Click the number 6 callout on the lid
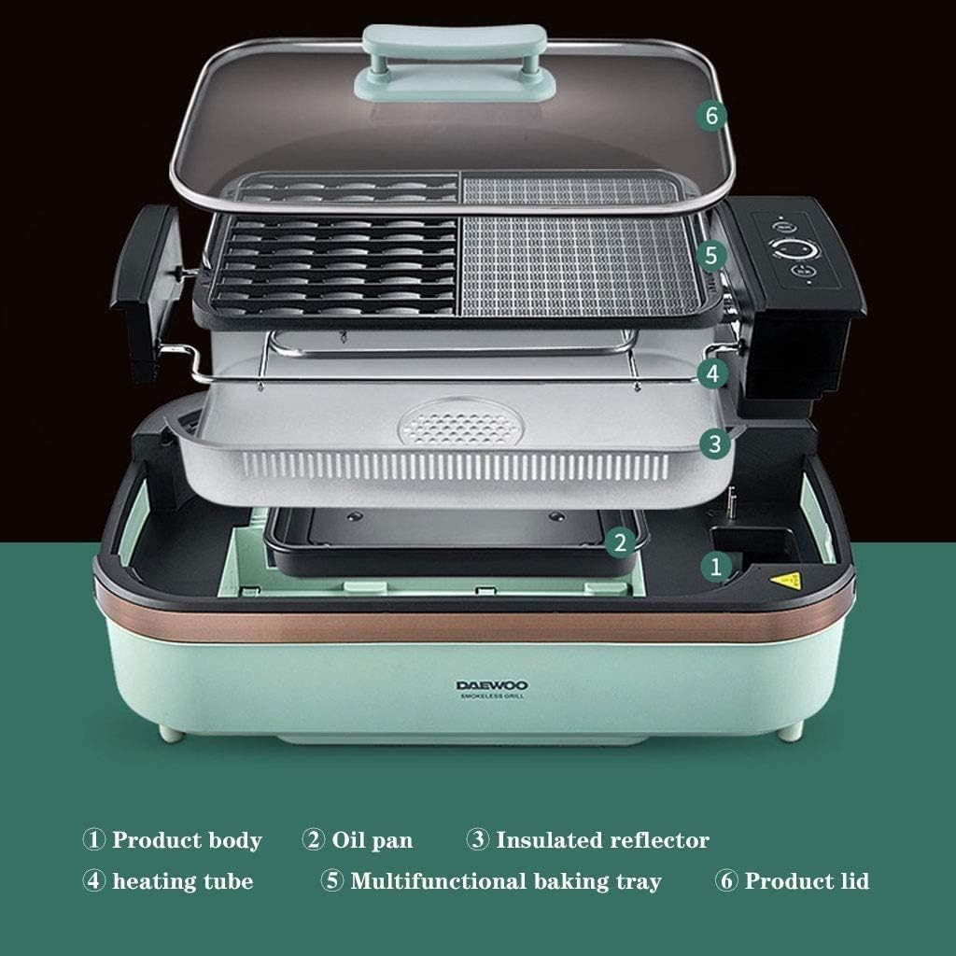[711, 117]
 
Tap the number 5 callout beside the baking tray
[711, 255]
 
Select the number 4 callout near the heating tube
[712, 373]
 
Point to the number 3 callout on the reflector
[714, 443]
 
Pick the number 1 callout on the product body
[716, 565]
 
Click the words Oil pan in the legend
[373, 840]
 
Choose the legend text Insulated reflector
[602, 840]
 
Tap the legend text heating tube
[183, 881]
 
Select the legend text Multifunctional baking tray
[505, 881]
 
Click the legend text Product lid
[807, 881]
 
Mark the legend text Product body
[187, 840]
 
